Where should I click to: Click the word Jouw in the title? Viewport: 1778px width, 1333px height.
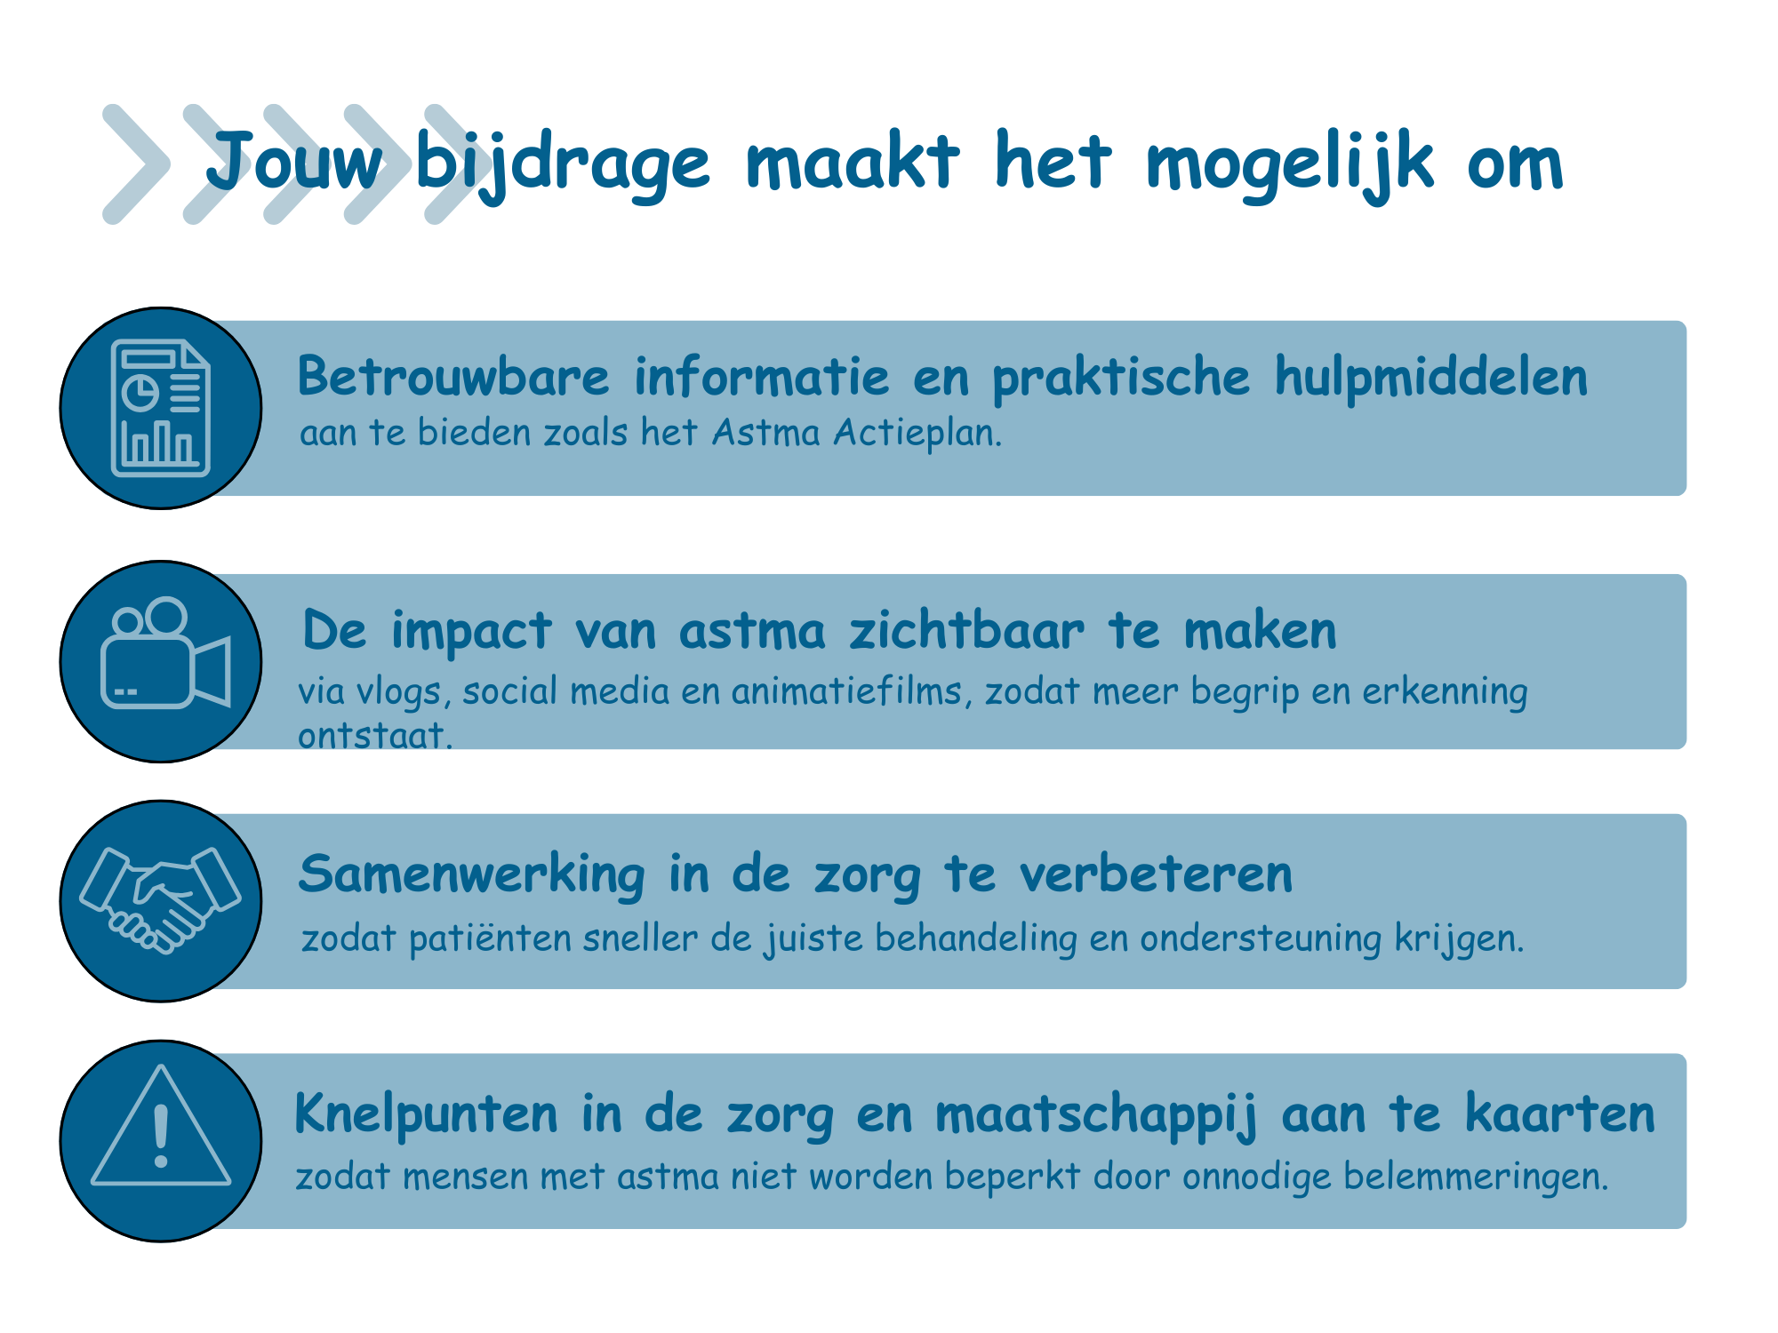[x=294, y=163]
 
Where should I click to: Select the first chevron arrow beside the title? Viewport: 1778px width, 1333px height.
[x=135, y=164]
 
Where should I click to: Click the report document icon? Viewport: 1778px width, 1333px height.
[x=161, y=408]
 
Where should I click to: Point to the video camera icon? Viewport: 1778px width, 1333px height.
[x=165, y=653]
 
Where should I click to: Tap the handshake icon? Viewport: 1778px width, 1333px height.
[x=160, y=900]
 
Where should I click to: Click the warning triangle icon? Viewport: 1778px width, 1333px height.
[x=161, y=1125]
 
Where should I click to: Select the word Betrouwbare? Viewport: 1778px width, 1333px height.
[x=453, y=376]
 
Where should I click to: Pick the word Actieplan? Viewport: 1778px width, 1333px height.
[x=917, y=433]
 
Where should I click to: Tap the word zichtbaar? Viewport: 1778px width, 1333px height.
[x=966, y=630]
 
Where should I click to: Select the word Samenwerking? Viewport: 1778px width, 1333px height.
[x=472, y=874]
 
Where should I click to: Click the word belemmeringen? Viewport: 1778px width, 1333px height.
[x=1476, y=1177]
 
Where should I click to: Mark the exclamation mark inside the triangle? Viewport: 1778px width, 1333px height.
[x=161, y=1136]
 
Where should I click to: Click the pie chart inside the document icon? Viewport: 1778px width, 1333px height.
[x=140, y=392]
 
